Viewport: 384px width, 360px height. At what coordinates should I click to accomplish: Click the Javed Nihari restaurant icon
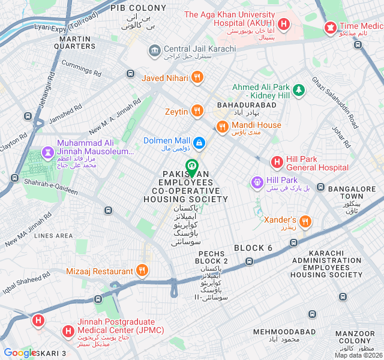point(197,77)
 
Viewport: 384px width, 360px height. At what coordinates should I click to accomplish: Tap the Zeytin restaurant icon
point(197,111)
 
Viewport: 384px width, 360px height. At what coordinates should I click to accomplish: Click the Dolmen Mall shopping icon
point(199,142)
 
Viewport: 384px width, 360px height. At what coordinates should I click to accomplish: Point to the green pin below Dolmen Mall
point(191,166)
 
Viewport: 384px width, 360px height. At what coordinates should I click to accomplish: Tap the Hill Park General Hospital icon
point(277,162)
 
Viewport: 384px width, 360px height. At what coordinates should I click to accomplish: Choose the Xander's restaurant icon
point(305,221)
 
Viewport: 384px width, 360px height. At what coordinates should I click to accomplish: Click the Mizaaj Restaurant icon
point(142,271)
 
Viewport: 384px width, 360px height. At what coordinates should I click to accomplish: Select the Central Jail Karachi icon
point(154,49)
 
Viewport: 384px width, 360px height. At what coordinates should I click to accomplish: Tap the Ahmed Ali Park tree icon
point(298,90)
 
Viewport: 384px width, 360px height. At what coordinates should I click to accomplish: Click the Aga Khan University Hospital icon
point(284,26)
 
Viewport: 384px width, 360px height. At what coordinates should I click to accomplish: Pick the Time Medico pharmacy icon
point(330,27)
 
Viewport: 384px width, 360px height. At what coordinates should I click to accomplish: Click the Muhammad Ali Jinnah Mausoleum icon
point(47,154)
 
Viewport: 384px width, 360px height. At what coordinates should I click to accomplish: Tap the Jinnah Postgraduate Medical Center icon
point(69,331)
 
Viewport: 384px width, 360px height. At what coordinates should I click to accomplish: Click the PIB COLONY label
point(138,8)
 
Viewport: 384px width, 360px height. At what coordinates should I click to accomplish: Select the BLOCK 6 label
point(253,248)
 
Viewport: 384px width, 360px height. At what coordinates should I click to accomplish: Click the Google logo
point(19,353)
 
